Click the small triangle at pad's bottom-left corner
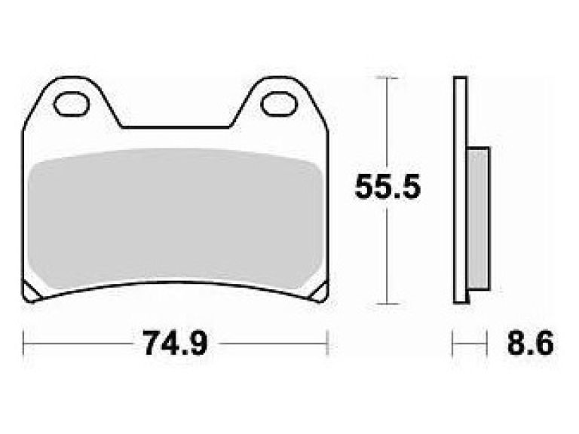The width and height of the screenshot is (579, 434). click(x=32, y=292)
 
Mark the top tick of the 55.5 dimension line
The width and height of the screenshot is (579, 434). click(x=387, y=78)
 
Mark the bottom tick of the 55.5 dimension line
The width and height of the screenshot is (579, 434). click(x=387, y=304)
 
